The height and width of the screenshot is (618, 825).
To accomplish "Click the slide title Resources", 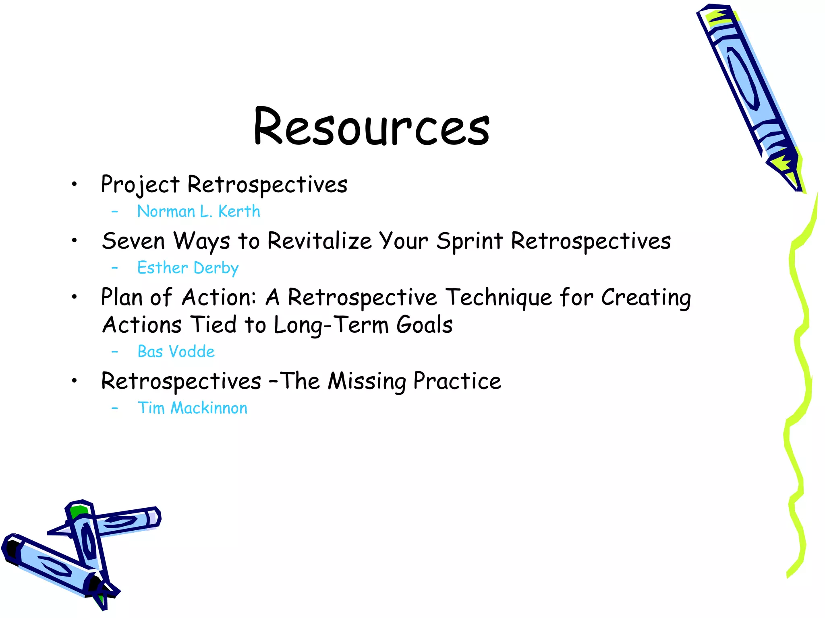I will [x=371, y=127].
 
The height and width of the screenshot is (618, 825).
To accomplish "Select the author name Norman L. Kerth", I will [x=199, y=212].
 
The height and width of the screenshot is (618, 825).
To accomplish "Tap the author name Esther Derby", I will [x=188, y=268].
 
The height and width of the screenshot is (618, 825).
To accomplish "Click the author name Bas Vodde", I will [x=176, y=352].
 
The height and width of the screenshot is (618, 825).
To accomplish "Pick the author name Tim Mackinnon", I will [x=193, y=408].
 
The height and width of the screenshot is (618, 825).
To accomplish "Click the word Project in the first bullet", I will [x=140, y=185].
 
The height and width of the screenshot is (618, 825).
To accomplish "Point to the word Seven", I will [x=133, y=241].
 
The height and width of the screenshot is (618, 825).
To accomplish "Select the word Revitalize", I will [x=319, y=241].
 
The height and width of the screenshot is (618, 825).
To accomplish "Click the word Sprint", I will [x=470, y=241].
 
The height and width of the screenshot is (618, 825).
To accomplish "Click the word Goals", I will [x=425, y=325].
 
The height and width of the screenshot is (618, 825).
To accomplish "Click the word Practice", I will [x=458, y=381].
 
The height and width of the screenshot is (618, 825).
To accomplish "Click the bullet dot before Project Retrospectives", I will [x=74, y=185].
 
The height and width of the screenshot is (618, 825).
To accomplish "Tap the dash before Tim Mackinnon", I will [x=115, y=408].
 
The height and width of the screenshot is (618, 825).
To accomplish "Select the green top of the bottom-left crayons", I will [x=77, y=511].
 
